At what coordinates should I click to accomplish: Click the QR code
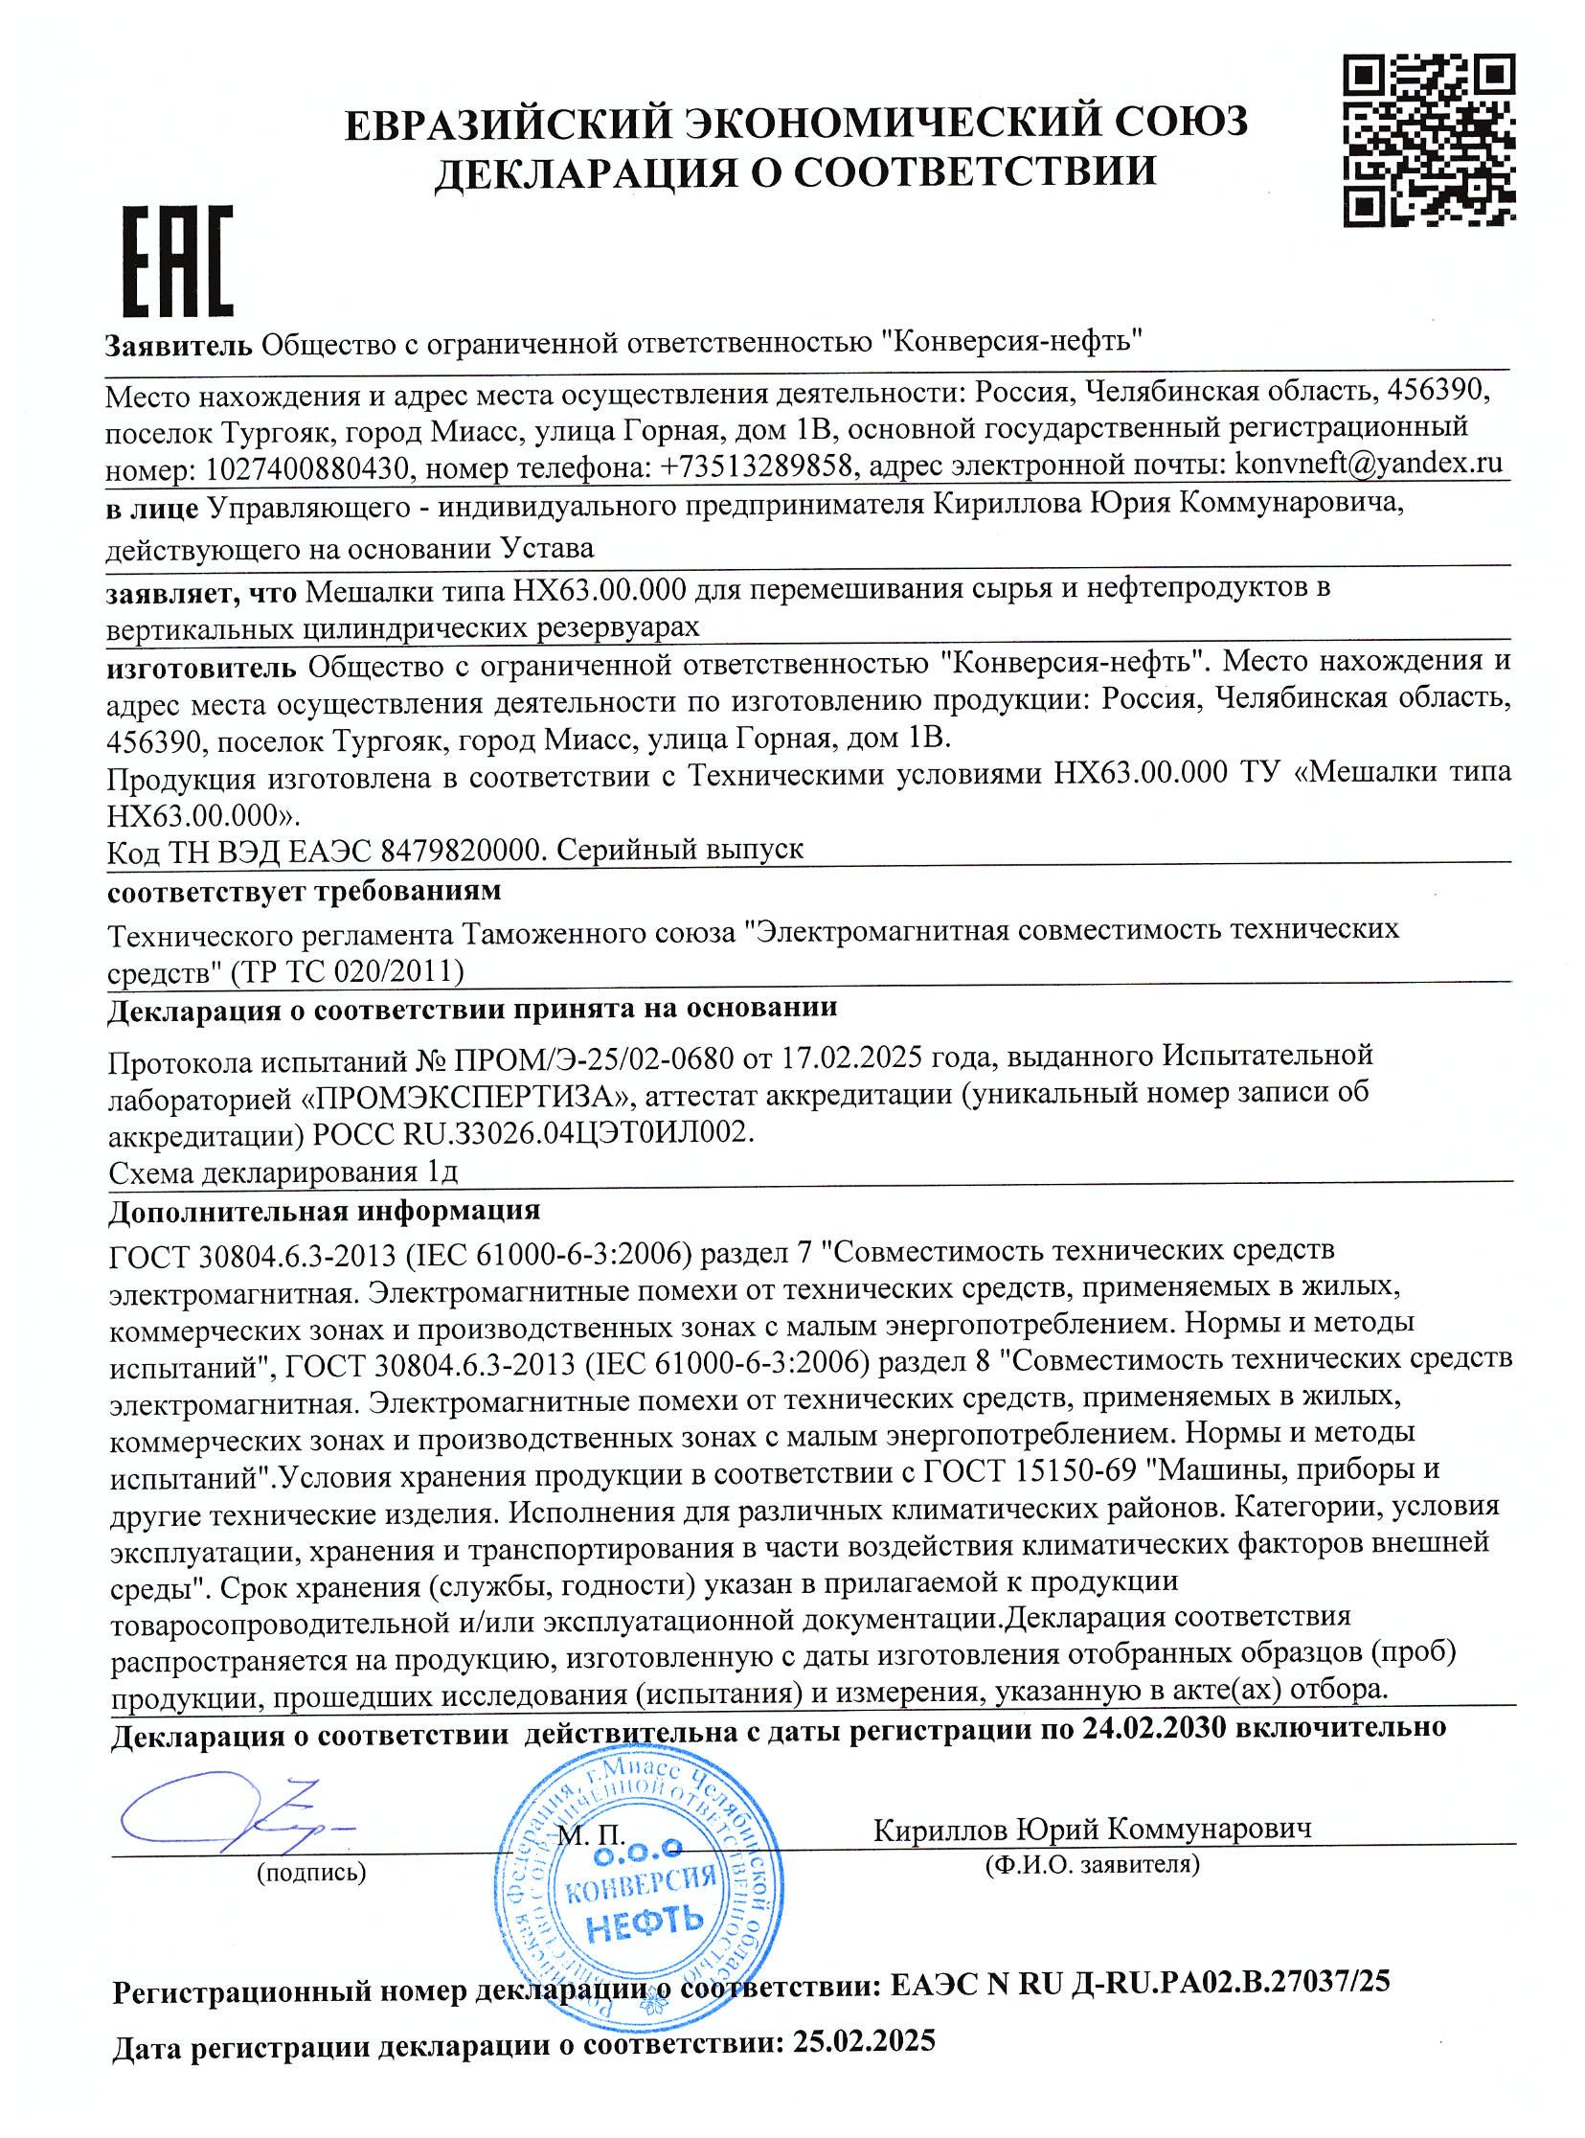point(1427,140)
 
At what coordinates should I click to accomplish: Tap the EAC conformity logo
point(176,260)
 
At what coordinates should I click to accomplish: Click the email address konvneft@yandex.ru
point(1369,464)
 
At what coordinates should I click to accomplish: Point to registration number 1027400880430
point(307,467)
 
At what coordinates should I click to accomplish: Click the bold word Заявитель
point(179,344)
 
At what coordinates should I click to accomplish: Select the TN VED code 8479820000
point(464,850)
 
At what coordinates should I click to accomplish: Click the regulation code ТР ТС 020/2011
point(347,972)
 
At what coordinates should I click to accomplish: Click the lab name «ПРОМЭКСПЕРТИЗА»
point(472,1095)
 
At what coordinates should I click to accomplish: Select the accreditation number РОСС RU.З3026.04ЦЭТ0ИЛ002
point(533,1132)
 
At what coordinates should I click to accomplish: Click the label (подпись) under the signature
point(311,1872)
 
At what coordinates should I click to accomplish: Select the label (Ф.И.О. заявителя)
point(1092,1863)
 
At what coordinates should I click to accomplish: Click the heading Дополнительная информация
point(325,1210)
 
